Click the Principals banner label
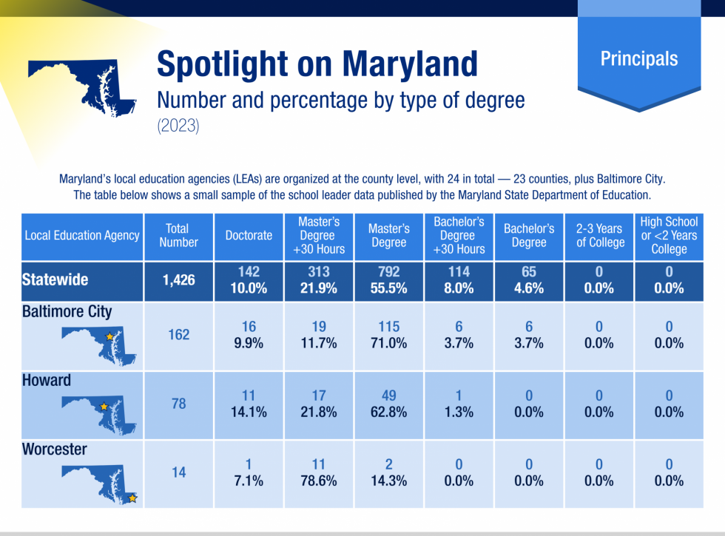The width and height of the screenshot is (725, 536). pyautogui.click(x=638, y=58)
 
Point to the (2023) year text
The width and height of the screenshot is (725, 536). pyautogui.click(x=178, y=126)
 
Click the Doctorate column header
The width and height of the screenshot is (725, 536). pyautogui.click(x=249, y=235)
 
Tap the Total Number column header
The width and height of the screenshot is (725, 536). pyautogui.click(x=178, y=235)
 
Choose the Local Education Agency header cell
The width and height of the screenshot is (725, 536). pyautogui.click(x=82, y=235)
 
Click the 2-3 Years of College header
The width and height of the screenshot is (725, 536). pyautogui.click(x=599, y=235)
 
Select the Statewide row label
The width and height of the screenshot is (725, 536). pyautogui.click(x=55, y=279)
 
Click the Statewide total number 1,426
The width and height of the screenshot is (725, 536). pyautogui.click(x=178, y=279)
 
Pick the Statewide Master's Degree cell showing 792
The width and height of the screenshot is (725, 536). pyautogui.click(x=388, y=279)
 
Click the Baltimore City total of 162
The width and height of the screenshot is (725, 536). pyautogui.click(x=178, y=334)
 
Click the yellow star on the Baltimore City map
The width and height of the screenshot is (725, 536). pyautogui.click(x=110, y=336)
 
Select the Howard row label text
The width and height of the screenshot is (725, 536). pyautogui.click(x=47, y=380)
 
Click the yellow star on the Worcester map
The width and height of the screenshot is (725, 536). pyautogui.click(x=132, y=498)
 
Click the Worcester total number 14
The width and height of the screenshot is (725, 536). pyautogui.click(x=178, y=472)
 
